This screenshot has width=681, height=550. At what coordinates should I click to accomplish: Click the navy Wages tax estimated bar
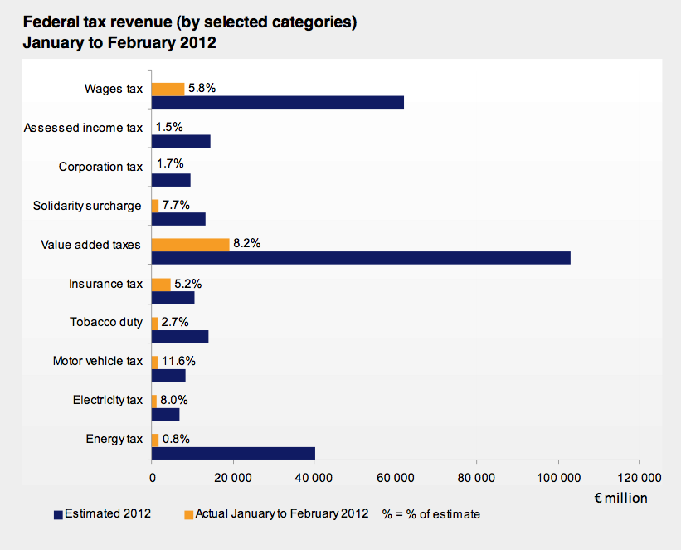(x=278, y=102)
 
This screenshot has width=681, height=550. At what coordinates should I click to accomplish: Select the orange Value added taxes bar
(x=191, y=245)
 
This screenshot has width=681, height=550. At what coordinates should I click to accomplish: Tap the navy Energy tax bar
(x=234, y=453)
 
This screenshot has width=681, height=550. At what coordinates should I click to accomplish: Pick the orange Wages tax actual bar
(x=168, y=89)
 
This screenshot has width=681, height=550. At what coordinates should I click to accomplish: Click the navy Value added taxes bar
(x=361, y=258)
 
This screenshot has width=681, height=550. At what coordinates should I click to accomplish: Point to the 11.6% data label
(x=179, y=361)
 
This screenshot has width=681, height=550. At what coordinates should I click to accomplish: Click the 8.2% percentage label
(x=247, y=244)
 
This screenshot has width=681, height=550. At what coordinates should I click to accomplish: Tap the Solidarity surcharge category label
(x=87, y=206)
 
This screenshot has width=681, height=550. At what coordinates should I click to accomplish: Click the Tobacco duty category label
(x=106, y=322)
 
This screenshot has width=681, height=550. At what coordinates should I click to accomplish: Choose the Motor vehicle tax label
(x=98, y=361)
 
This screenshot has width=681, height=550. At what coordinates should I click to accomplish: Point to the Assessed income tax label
(x=83, y=128)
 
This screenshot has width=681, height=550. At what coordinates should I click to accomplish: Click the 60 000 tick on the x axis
(x=396, y=478)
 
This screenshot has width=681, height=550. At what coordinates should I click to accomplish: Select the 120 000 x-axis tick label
(x=639, y=478)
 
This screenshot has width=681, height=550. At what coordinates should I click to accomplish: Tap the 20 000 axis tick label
(x=233, y=478)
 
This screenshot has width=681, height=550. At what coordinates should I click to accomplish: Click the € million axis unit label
(x=620, y=498)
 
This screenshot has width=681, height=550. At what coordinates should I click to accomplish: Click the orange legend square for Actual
(x=188, y=514)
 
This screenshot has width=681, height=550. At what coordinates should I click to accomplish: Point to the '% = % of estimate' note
(x=430, y=514)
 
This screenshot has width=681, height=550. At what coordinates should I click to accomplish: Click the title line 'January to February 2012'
(x=119, y=43)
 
